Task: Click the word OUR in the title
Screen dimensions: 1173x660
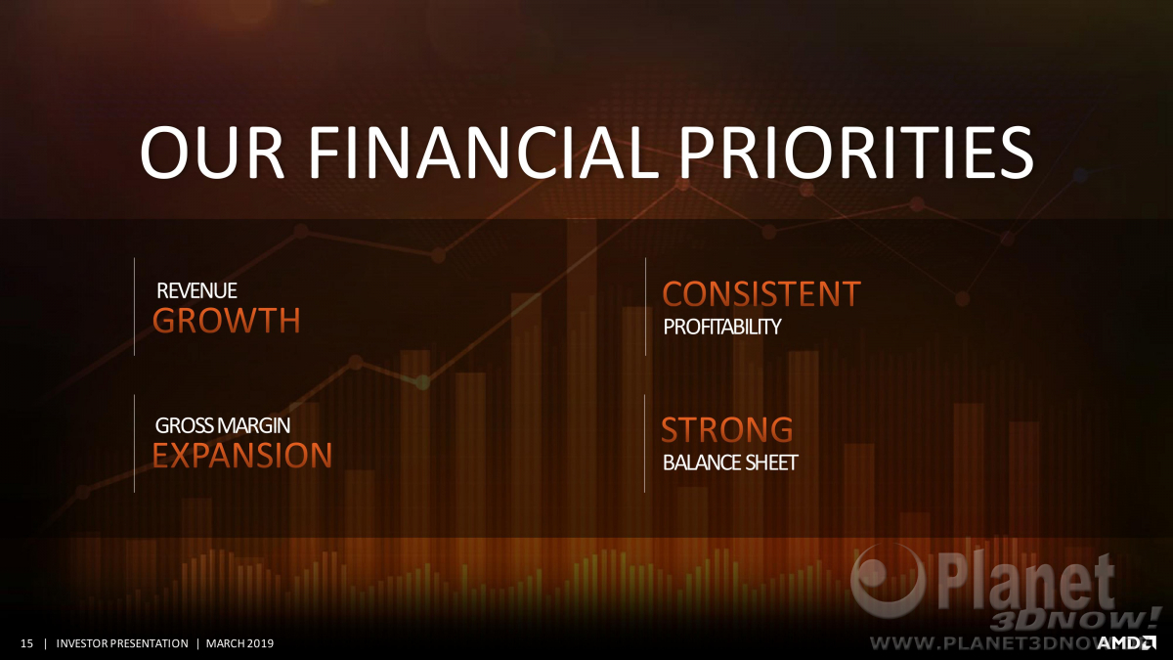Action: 212,152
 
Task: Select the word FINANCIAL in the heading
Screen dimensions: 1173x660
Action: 482,152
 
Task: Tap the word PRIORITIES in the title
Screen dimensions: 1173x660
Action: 856,152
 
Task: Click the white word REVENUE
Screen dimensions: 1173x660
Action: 196,290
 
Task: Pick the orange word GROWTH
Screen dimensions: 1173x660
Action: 227,320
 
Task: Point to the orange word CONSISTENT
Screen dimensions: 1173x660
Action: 761,293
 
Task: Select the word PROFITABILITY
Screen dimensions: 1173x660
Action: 722,327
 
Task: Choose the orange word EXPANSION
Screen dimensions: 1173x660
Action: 242,455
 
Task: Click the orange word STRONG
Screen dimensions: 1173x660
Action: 727,429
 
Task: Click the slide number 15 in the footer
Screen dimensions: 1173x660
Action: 26,643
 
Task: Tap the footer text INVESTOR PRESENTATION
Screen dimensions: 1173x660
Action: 122,643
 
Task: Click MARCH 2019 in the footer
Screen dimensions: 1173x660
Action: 239,643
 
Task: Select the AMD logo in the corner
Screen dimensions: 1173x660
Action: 1126,642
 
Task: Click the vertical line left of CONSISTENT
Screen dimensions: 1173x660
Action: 646,307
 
